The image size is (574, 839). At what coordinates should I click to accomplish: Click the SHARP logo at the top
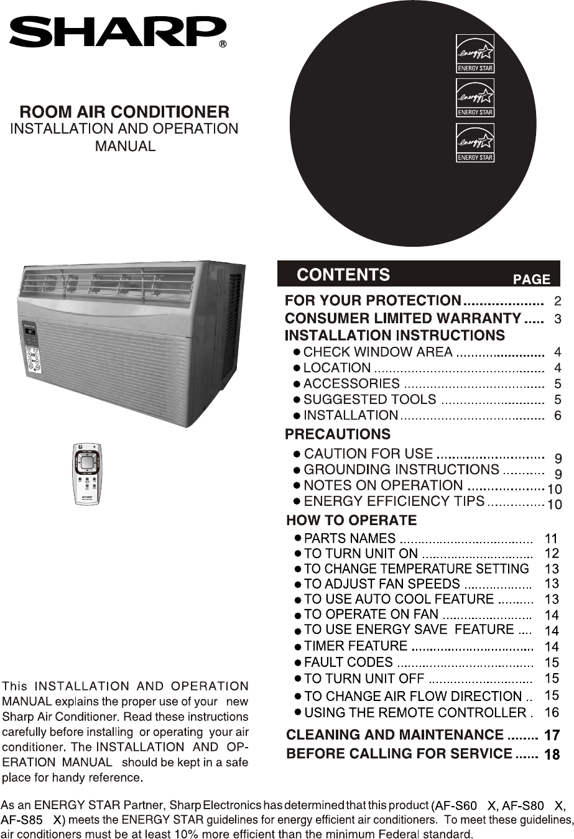click(117, 32)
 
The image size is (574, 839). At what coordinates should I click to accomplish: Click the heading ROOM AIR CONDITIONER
click(124, 112)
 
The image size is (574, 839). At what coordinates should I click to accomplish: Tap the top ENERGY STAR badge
click(475, 53)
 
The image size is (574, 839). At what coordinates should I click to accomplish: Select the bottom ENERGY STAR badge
click(475, 143)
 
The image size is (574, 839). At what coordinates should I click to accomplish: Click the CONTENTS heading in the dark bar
click(343, 275)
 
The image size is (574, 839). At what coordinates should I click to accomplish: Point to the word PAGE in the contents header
click(532, 280)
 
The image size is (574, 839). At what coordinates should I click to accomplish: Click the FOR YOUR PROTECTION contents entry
click(373, 301)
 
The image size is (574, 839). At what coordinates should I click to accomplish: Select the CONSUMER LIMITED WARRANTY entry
click(402, 319)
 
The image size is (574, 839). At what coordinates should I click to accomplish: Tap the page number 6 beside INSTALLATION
click(557, 416)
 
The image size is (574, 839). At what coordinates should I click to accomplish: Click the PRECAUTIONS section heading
click(338, 434)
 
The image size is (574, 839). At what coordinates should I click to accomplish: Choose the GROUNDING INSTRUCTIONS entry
click(401, 469)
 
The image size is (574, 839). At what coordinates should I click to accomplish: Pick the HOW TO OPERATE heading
click(351, 520)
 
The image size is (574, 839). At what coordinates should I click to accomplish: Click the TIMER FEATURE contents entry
click(356, 646)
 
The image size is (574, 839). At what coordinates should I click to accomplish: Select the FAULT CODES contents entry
click(348, 662)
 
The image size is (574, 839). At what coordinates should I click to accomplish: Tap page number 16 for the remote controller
click(552, 712)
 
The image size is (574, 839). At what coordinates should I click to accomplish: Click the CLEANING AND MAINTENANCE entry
click(395, 735)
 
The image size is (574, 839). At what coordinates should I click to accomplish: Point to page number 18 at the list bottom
click(552, 754)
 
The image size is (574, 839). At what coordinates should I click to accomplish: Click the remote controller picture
click(86, 474)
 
